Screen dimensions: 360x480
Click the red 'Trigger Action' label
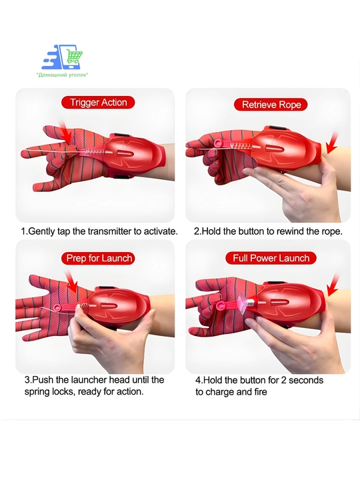[x=98, y=102]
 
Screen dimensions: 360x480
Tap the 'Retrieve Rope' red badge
[x=271, y=105]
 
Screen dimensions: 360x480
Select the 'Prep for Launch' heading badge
[x=98, y=258]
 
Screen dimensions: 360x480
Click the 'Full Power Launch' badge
[x=271, y=258]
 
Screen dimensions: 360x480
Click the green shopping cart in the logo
[x=75, y=56]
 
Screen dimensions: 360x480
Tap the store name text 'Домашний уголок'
[x=62, y=75]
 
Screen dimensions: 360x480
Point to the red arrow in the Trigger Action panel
[x=65, y=132]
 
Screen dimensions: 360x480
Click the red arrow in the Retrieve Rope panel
[x=332, y=143]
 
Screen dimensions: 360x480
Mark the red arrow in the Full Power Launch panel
[x=333, y=285]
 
